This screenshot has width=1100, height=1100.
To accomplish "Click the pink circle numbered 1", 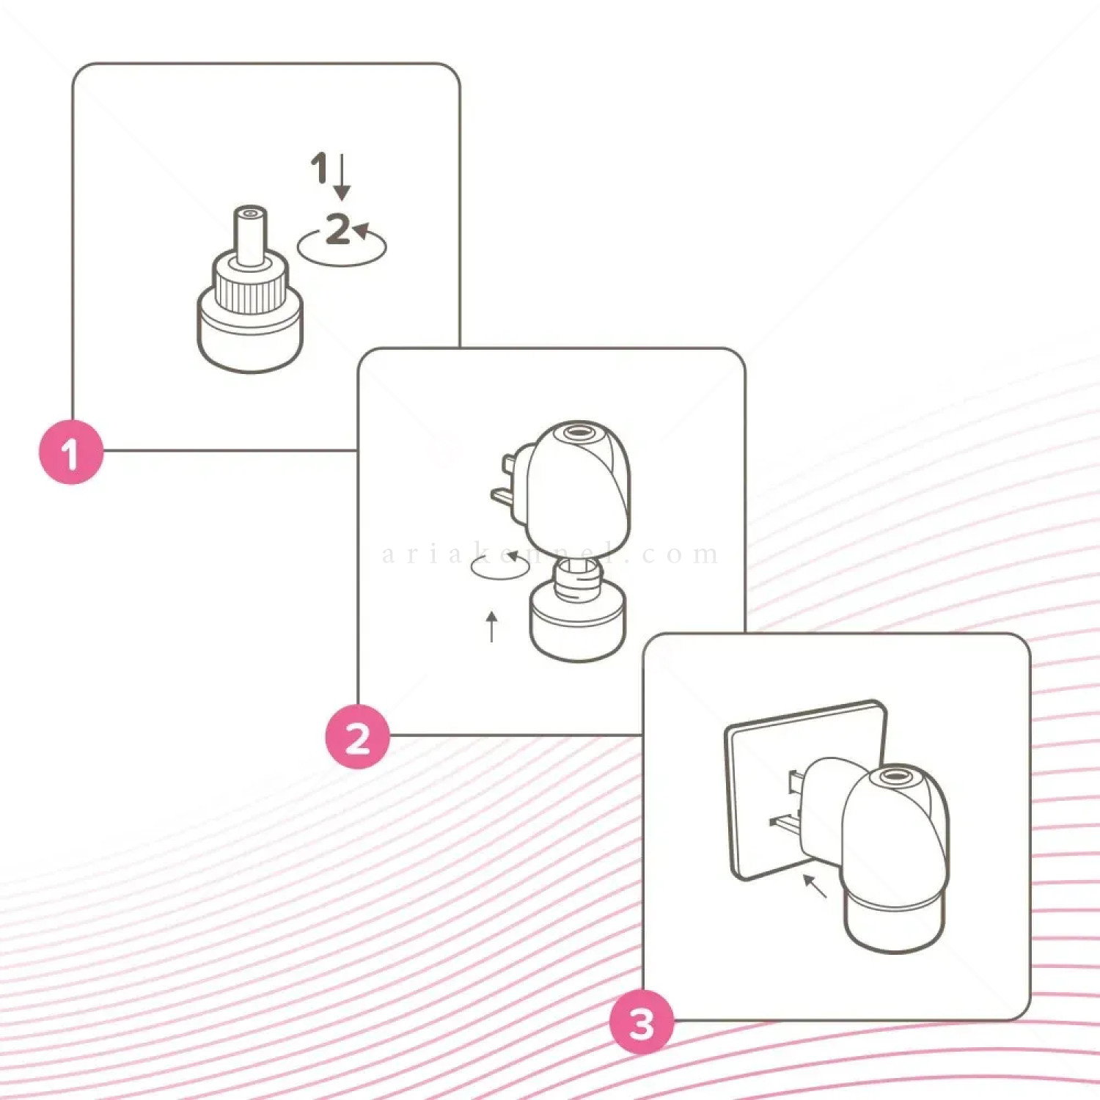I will [70, 452].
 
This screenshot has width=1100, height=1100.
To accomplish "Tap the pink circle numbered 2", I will [357, 737].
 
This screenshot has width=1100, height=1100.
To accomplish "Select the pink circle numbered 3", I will [642, 1022].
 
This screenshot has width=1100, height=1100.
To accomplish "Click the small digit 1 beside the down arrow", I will [319, 168].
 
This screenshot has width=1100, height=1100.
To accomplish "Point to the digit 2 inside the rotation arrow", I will [337, 229].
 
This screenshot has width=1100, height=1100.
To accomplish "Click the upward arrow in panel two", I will [492, 627].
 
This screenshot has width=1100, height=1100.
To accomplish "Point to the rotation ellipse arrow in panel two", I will [499, 567].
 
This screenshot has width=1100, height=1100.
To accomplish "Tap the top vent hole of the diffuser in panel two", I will [576, 432].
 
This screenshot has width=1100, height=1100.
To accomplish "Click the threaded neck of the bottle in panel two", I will [577, 575].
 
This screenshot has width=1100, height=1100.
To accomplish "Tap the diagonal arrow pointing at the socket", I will [815, 885].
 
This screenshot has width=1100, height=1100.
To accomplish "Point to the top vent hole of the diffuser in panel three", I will [894, 775].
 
